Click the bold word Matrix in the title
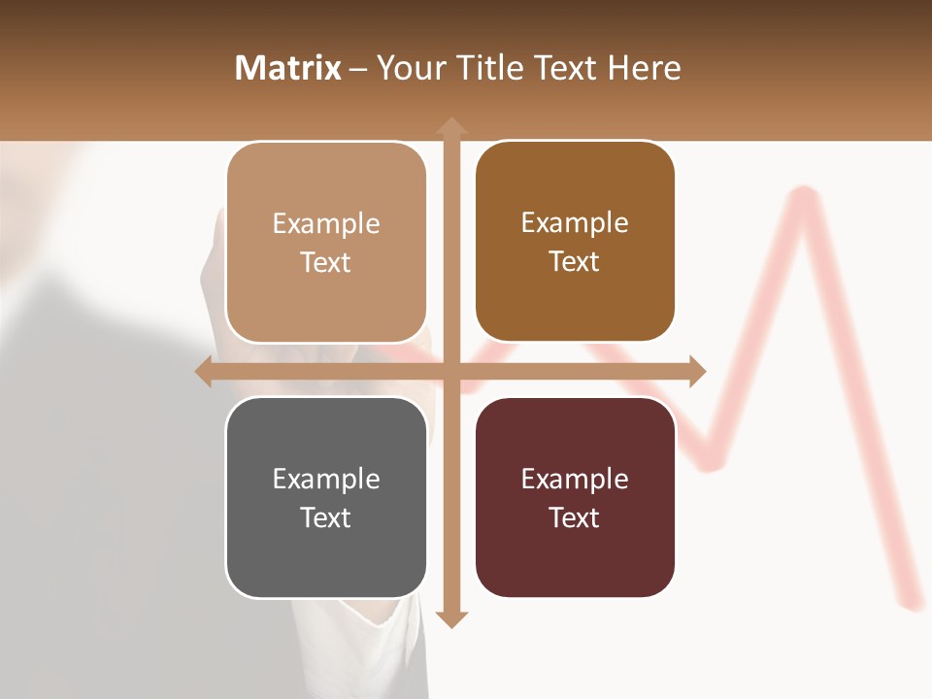tap(288, 68)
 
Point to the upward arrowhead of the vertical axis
tap(450, 125)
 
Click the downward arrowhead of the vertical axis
tap(450, 619)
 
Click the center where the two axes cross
tap(450, 371)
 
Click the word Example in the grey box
tap(326, 479)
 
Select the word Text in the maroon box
tap(575, 517)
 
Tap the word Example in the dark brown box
tap(575, 222)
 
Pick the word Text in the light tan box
tap(326, 262)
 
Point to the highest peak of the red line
tap(803, 194)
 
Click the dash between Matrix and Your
tap(358, 69)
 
